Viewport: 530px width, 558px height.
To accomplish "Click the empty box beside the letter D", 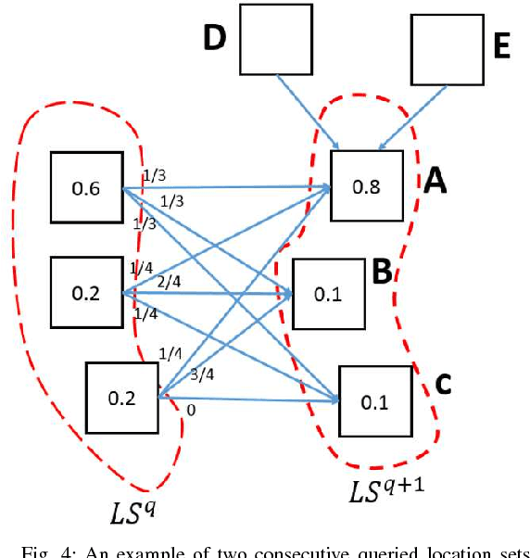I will [275, 38].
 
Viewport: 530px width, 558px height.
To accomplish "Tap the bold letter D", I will [215, 39].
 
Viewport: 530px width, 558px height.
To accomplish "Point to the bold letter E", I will [500, 47].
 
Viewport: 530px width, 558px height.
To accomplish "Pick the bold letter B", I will [380, 271].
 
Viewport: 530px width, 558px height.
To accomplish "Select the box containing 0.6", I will [86, 188].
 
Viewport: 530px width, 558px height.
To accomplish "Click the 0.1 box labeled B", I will [329, 295].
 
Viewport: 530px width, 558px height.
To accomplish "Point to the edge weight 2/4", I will [169, 281].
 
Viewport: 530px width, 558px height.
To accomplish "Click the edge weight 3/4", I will [201, 374].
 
